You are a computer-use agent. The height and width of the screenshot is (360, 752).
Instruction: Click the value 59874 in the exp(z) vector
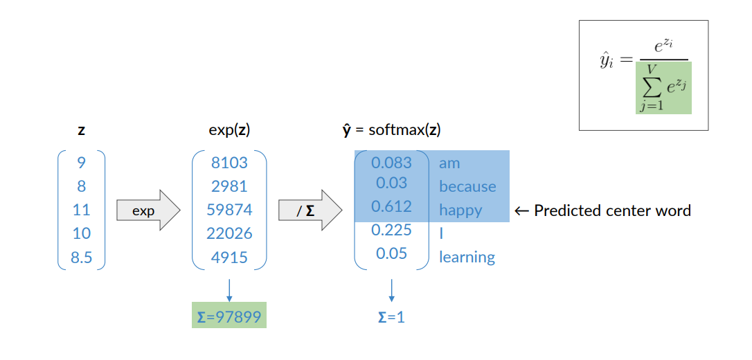coord(229,210)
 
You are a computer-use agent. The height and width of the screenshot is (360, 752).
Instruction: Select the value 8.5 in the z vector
coord(81,258)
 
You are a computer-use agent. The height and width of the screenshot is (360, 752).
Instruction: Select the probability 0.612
coord(391,206)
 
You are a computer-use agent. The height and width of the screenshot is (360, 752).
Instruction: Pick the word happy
coord(460,210)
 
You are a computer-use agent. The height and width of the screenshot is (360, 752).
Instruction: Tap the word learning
coord(467,258)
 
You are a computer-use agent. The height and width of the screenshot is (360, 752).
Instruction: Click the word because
coord(467,187)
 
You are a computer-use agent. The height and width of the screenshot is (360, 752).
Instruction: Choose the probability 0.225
coord(391,230)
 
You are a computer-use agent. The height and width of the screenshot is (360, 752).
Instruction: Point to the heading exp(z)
coord(229,129)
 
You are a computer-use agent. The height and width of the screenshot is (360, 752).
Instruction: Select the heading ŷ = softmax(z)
coord(392,129)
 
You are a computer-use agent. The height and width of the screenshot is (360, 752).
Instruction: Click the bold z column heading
coord(81,129)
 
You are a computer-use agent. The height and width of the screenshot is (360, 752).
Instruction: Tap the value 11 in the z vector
coord(81,210)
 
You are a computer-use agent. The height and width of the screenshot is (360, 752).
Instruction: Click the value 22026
coord(229,233)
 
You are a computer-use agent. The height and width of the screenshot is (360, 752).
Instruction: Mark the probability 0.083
coord(391,163)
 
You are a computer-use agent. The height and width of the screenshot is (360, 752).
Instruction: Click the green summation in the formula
coord(663,88)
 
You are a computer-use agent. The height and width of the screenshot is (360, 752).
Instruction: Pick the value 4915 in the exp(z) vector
coord(229,257)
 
